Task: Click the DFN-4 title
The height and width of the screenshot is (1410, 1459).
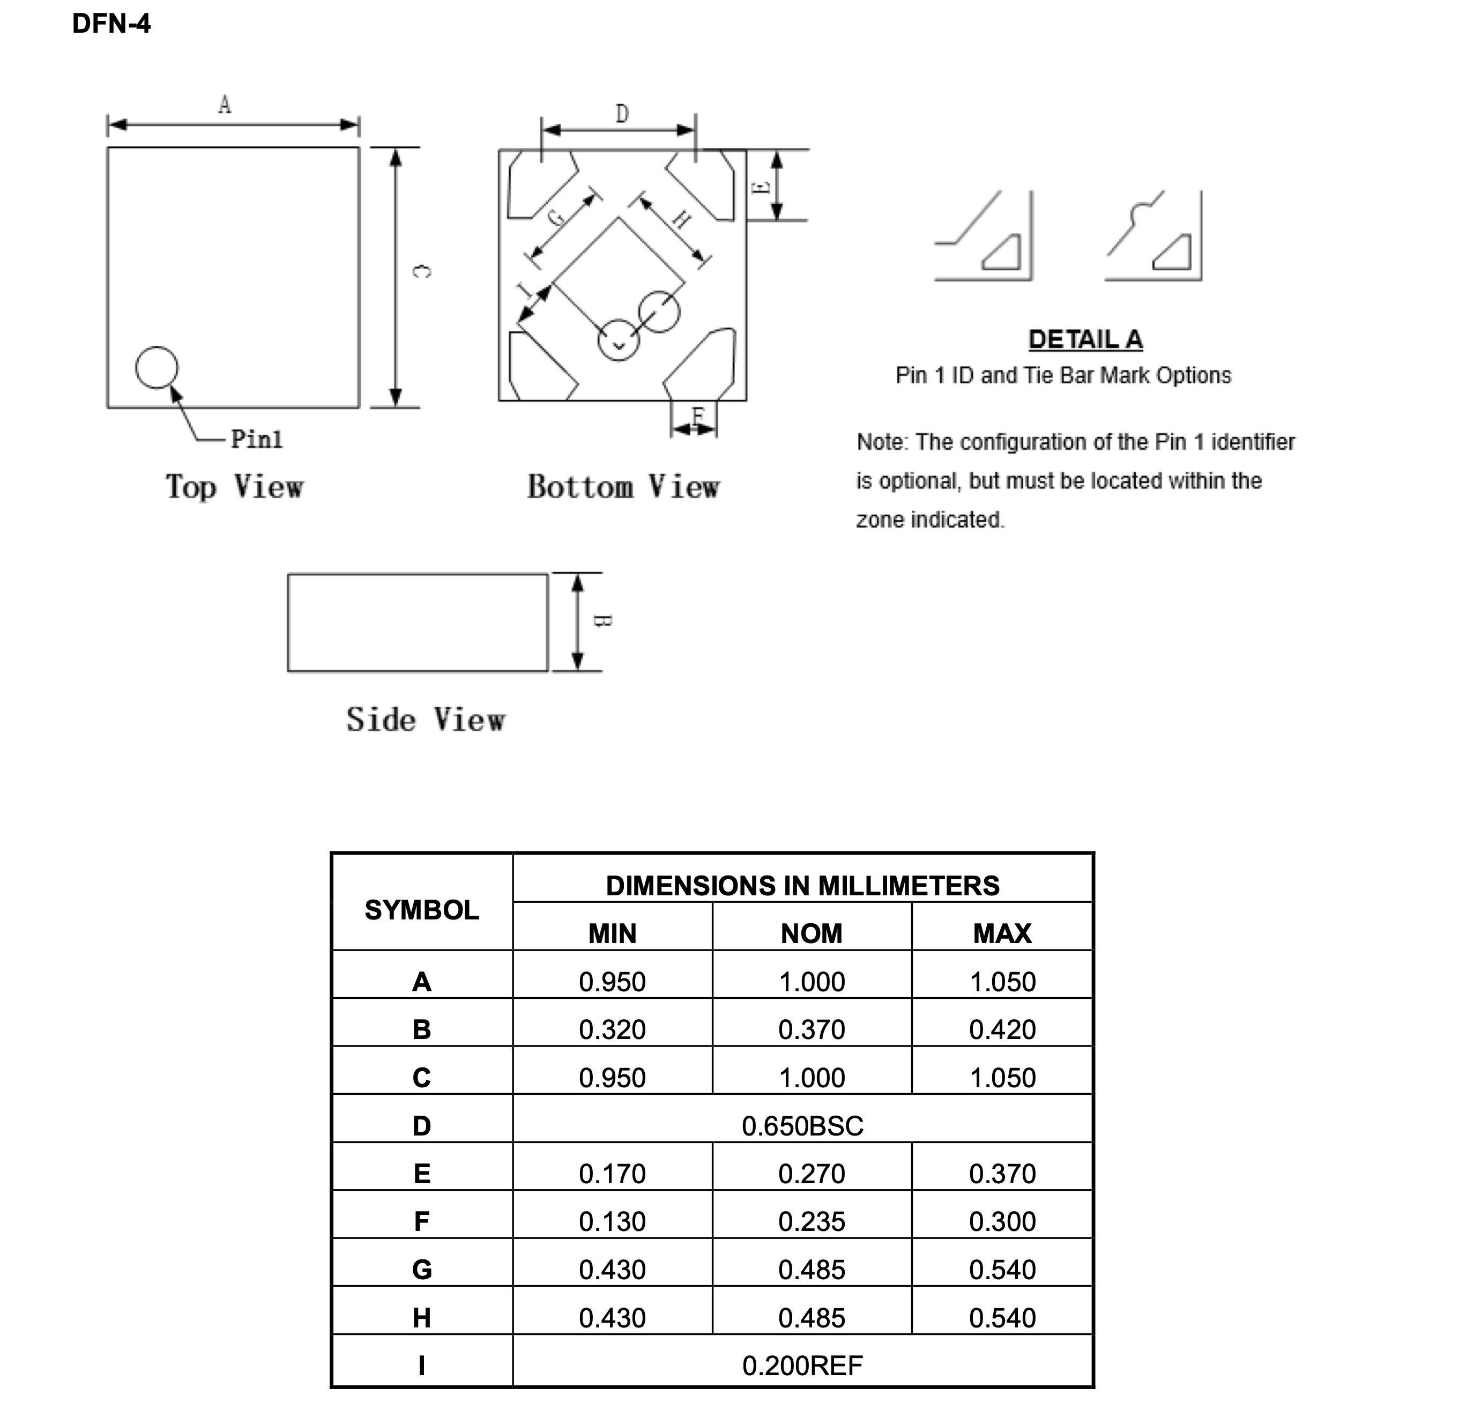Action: [x=111, y=24]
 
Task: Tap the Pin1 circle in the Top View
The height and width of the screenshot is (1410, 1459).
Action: [x=157, y=368]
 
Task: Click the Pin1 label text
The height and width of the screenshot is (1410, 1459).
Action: [x=257, y=439]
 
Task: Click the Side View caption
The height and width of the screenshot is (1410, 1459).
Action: [x=426, y=720]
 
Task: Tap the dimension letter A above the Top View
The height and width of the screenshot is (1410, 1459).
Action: [x=225, y=105]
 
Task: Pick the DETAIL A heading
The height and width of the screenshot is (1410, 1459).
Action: [x=1085, y=339]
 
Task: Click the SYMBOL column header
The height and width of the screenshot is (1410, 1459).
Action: [x=421, y=910]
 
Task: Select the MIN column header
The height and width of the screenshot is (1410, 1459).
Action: [x=612, y=933]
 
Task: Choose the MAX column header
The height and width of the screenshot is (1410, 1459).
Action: [x=1002, y=933]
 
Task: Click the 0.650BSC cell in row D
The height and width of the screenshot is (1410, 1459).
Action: [x=802, y=1126]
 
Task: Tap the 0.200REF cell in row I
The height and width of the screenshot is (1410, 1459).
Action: [x=802, y=1366]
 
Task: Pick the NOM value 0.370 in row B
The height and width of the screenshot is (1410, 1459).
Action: [x=812, y=1029]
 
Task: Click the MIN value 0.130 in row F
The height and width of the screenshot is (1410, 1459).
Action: [x=612, y=1222]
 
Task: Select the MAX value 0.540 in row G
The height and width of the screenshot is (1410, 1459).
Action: [x=1002, y=1270]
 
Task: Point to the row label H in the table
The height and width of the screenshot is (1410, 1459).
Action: [x=421, y=1318]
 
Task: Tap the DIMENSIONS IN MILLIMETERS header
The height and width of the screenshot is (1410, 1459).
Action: [x=802, y=886]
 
